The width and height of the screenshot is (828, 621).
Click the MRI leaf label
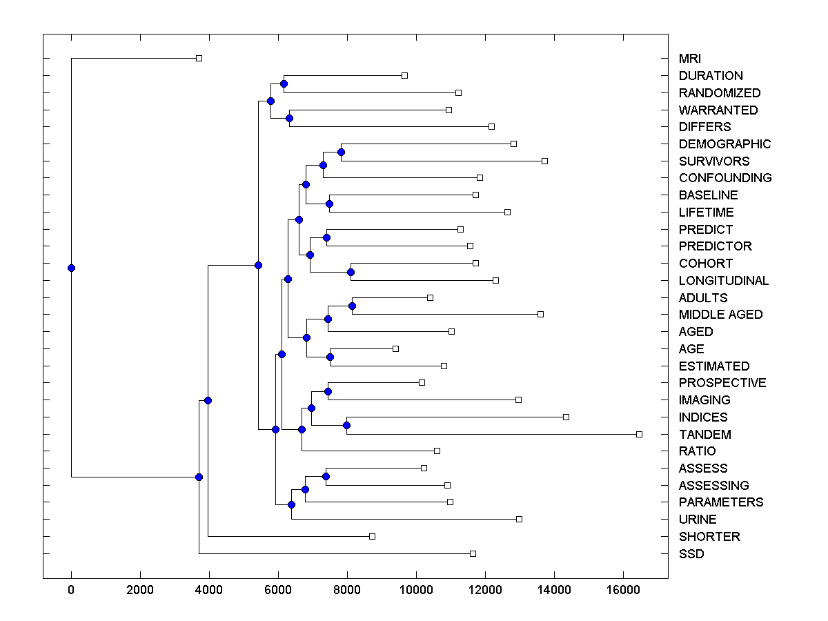pos(689,59)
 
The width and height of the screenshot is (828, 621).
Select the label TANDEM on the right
pos(704,435)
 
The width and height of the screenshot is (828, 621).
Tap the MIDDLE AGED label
pos(720,315)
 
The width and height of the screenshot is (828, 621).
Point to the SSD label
pos(691,554)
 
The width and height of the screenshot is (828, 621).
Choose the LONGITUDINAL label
pos(723,281)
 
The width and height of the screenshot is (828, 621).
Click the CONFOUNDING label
pos(724,178)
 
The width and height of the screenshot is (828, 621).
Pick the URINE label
pos(698,520)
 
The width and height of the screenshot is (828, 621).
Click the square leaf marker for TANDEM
pos(639,434)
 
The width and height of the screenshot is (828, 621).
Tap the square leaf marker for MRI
pos(199,58)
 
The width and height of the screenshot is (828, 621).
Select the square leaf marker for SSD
pos(473,553)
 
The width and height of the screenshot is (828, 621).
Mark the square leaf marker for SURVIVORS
pos(544,161)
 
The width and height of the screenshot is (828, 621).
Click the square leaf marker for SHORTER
pos(372,536)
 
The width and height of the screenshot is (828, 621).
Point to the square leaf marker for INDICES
pos(566,417)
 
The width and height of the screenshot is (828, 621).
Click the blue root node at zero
pos(71,268)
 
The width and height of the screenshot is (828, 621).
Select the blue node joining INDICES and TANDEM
pos(346,426)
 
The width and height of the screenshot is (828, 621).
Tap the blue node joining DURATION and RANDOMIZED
pos(284,83)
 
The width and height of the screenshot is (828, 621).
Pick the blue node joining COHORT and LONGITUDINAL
pos(351,272)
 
